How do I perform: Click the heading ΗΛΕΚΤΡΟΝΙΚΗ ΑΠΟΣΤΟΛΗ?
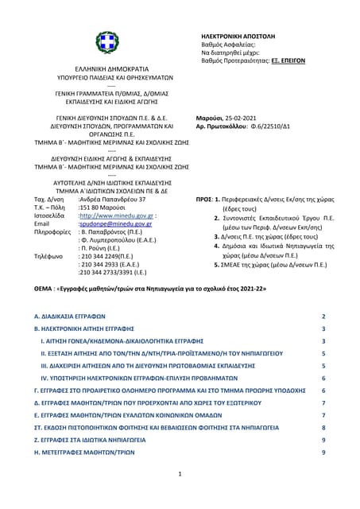[238, 37]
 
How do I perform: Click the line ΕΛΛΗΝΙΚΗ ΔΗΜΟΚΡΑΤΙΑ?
[106, 71]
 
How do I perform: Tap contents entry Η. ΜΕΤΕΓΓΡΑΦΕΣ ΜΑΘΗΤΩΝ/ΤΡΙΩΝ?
[86, 452]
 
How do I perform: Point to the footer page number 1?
[180, 475]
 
